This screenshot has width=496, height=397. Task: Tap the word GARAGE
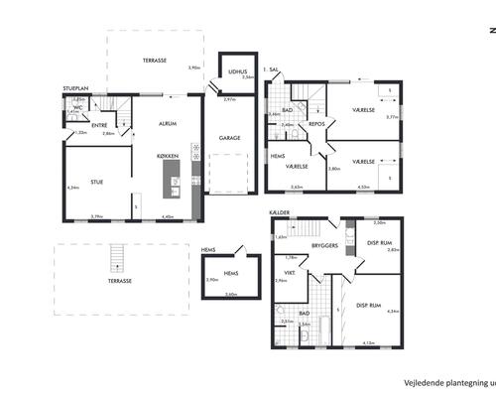(229, 139)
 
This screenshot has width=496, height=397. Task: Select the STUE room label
(96, 182)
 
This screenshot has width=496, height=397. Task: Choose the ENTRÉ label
(100, 125)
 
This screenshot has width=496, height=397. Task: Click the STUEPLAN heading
(76, 89)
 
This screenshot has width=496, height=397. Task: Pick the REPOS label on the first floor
(316, 124)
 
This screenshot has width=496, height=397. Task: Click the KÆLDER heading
(279, 212)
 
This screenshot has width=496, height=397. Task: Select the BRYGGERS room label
(323, 243)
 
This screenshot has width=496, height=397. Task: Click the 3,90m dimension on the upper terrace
(195, 67)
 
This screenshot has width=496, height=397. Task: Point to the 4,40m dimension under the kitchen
(168, 216)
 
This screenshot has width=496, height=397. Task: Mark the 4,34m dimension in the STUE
(72, 188)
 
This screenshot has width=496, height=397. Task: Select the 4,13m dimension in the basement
(370, 343)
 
